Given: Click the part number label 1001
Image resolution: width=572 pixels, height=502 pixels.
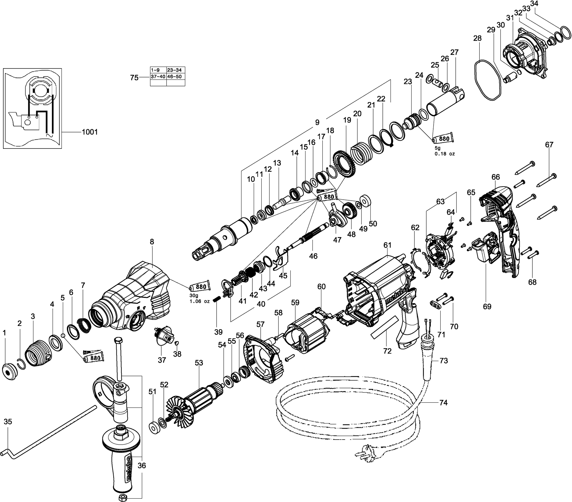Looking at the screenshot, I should [x=90, y=132].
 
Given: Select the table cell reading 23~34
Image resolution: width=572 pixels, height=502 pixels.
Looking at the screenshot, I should [x=175, y=70].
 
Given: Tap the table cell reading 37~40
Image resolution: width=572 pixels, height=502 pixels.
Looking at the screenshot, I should [x=158, y=77].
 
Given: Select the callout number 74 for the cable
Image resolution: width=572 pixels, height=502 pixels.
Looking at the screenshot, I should [x=443, y=403].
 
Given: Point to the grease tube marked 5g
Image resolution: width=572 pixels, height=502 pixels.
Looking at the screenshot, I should [x=443, y=139].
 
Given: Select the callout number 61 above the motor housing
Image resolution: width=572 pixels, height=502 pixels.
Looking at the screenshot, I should [x=387, y=245].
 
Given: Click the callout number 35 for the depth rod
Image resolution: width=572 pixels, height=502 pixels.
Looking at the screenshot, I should [x=8, y=422].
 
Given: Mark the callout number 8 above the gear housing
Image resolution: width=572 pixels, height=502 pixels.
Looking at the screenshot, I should [x=152, y=242].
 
